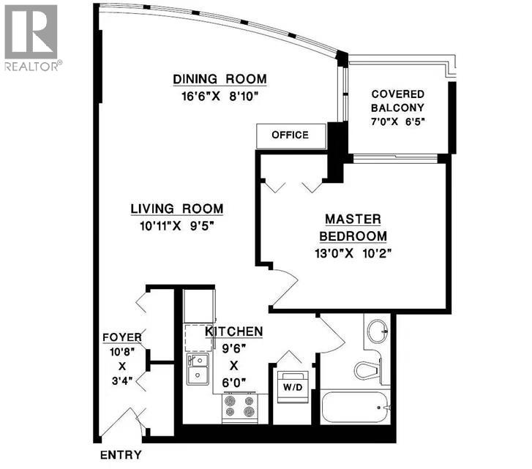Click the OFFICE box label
pyautogui.click(x=290, y=135)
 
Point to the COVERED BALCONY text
pyautogui.click(x=398, y=101)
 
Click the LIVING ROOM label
pyautogui.click(x=176, y=209)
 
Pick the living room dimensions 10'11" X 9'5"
pyautogui.click(x=176, y=225)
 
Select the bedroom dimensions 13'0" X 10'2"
pyautogui.click(x=353, y=254)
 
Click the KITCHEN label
pyautogui.click(x=233, y=332)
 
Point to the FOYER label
pyautogui.click(x=121, y=337)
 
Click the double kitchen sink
pyautogui.click(x=197, y=368)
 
